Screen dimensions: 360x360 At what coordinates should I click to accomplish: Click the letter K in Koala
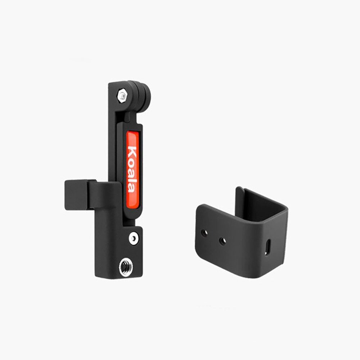click(x=132, y=152)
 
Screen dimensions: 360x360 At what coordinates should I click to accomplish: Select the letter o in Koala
click(x=132, y=163)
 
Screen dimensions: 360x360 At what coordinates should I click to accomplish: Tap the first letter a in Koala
click(x=132, y=172)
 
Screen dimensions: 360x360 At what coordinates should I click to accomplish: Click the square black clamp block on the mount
click(x=78, y=195)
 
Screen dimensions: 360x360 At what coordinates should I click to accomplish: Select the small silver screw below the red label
click(x=134, y=239)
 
